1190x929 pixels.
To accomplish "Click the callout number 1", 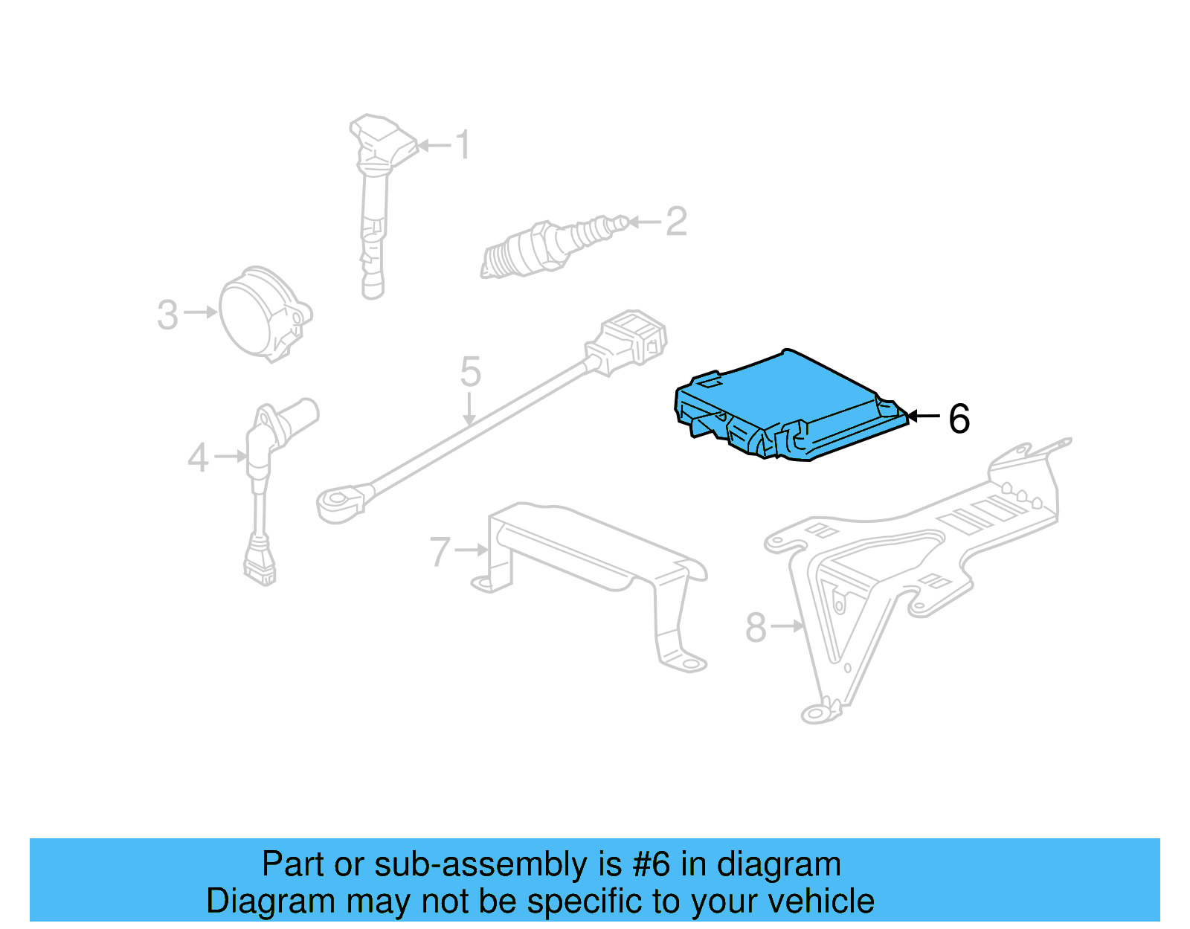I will tap(463, 144).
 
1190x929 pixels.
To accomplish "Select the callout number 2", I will tap(676, 222).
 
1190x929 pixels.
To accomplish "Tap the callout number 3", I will tap(167, 315).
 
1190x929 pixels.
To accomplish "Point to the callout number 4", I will tap(198, 457).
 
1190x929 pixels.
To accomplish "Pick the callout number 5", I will tap(470, 371).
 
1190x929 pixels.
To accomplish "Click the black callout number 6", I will tap(959, 419).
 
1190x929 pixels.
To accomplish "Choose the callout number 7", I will tap(440, 552).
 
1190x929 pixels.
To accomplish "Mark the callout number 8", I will tap(756, 628).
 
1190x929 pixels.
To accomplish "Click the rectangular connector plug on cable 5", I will tap(628, 342).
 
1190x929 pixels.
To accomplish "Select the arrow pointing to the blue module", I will tap(924, 417).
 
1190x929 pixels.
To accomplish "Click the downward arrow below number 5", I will tap(469, 409).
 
